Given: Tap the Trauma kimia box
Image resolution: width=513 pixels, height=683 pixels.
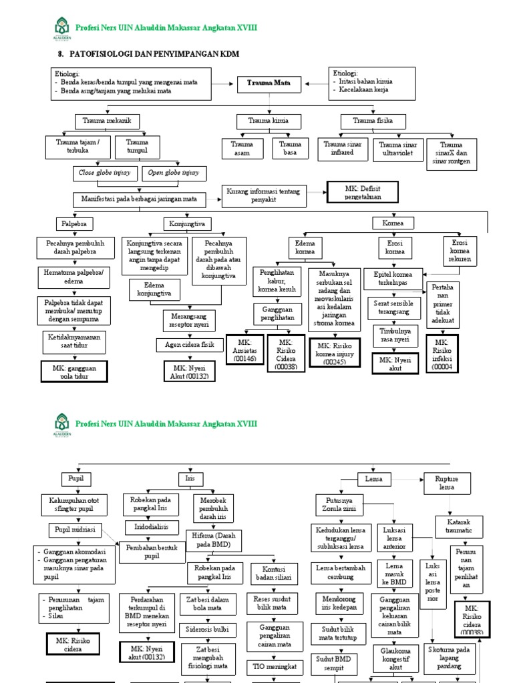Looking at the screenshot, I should tap(269, 121).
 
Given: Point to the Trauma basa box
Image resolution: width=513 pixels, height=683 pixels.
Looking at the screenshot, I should tap(290, 148).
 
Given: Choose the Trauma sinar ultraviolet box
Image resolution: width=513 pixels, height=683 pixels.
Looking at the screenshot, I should tap(398, 148).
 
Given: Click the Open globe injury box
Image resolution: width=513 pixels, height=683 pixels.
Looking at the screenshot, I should tap(174, 173).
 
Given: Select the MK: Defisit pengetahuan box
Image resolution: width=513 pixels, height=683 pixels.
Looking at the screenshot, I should tap(362, 192).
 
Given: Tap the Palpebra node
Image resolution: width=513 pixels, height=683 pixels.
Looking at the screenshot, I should tap(71, 223).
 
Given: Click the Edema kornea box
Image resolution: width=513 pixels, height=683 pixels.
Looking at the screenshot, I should tap(305, 248).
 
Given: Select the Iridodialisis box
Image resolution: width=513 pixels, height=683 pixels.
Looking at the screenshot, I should tap(151, 526).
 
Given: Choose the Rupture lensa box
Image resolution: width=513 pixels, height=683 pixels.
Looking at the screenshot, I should tap(446, 483).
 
